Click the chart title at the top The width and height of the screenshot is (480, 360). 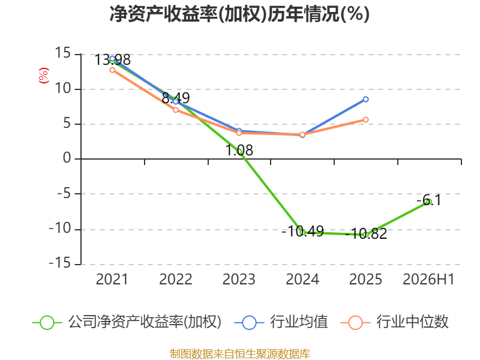tap(239, 14)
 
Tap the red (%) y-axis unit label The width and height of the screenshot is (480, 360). tap(43, 76)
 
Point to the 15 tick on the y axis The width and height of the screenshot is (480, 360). tap(63, 53)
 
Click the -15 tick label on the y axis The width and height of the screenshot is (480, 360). tap(60, 263)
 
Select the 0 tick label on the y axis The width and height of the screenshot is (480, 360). tap(67, 158)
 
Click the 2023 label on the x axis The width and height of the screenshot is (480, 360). tap(239, 280)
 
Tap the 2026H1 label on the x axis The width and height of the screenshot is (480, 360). tap(428, 280)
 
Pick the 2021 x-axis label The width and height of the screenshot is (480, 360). tap(112, 280)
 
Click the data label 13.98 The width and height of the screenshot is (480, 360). tap(112, 60)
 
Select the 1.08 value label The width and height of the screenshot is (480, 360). tap(239, 151)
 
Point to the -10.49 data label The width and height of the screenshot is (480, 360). tap(302, 232)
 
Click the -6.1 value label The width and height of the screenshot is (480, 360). tap(429, 200)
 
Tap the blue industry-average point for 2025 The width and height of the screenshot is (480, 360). tap(365, 99)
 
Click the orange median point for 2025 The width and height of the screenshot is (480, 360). tap(365, 119)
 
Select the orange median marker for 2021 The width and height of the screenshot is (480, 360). tap(112, 70)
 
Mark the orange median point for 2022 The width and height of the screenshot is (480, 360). tap(176, 110)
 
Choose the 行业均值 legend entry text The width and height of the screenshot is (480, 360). tap(299, 322)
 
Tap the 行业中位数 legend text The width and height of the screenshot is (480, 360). tap(412, 322)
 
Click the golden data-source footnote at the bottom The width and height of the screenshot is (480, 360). tap(240, 353)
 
